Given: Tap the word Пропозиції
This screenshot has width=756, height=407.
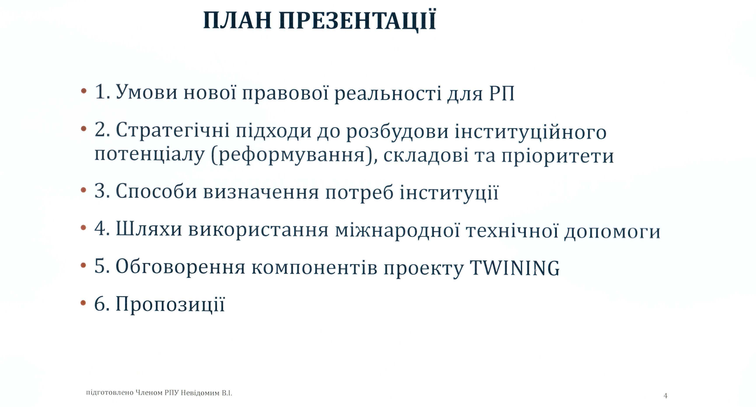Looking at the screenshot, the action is pyautogui.click(x=170, y=304).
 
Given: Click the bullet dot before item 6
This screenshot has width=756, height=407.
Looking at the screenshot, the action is pyautogui.click(x=84, y=303).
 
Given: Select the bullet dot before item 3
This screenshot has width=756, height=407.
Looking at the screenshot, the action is pyautogui.click(x=84, y=190).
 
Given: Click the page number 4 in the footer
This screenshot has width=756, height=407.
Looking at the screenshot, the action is pyautogui.click(x=665, y=396).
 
